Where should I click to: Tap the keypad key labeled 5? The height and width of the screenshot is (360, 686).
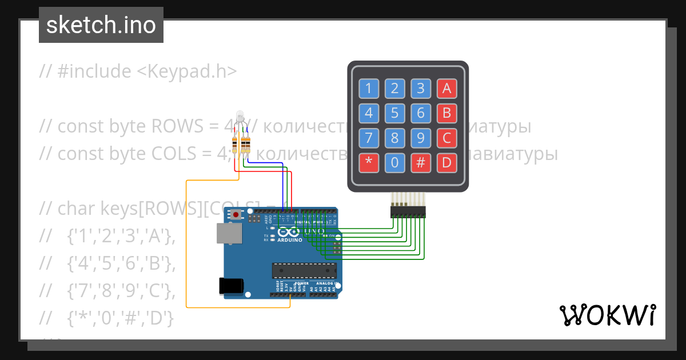pos(394,113)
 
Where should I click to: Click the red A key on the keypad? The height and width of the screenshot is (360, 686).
pos(447,88)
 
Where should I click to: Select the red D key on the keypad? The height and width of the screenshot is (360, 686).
pos(447,163)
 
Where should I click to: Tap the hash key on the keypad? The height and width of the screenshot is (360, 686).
pos(421,163)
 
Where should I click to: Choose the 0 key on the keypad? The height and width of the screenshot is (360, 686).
pos(394,163)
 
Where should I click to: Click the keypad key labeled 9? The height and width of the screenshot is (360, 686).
pos(421,138)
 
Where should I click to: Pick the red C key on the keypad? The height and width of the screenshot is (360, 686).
pos(447,138)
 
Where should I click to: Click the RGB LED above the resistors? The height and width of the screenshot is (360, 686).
pos(241,116)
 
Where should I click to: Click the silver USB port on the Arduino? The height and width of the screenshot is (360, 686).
pos(229,234)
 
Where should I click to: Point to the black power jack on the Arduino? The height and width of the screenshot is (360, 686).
pos(232,286)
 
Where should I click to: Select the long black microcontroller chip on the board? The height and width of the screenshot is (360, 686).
pos(301,270)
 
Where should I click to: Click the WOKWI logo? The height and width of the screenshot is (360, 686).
pos(607,315)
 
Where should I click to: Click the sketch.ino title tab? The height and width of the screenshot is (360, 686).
pos(101,25)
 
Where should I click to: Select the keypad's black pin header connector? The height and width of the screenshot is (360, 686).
pos(408,213)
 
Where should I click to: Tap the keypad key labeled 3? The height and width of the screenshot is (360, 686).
pos(421,88)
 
